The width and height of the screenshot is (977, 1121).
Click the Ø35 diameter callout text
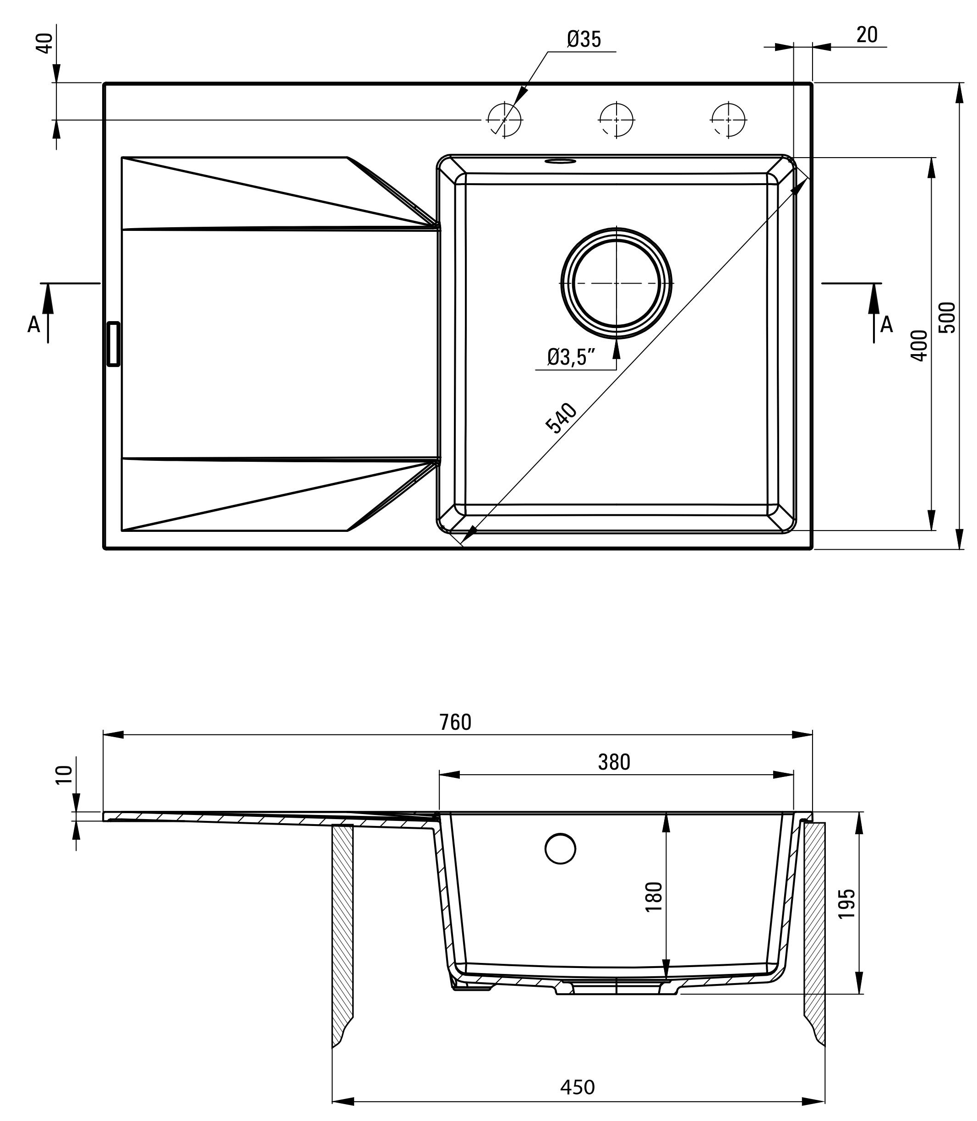tap(584, 39)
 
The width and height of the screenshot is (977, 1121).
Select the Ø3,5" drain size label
tap(571, 357)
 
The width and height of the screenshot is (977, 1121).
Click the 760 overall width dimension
tap(455, 722)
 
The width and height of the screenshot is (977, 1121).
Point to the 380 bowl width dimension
tap(614, 762)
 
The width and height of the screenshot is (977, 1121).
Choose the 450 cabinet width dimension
tap(578, 1087)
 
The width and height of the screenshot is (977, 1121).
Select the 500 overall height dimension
tap(948, 317)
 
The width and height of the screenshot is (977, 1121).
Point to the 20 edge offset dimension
tap(867, 35)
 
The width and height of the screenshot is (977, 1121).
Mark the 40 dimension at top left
tap(46, 43)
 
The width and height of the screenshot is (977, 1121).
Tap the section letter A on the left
tap(34, 325)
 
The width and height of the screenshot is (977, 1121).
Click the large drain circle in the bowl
tap(616, 284)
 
